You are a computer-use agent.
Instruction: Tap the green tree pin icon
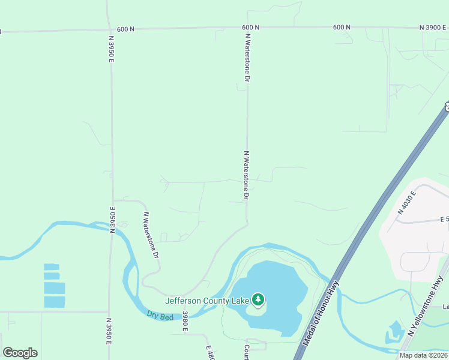(x=258, y=299)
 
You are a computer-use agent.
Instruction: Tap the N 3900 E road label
(x=433, y=28)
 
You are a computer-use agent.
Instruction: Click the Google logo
(x=20, y=352)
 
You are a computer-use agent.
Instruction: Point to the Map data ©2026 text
(x=423, y=355)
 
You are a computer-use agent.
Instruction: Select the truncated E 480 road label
(x=209, y=352)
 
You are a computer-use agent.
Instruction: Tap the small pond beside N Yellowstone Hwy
(x=396, y=329)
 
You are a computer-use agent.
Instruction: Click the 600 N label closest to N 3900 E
(x=341, y=28)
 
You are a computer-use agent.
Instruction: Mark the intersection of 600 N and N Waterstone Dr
(x=247, y=28)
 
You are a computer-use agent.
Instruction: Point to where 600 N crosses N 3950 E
(x=109, y=29)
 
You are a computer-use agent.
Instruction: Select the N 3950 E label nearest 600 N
(x=112, y=49)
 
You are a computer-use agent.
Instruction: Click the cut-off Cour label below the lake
(x=246, y=352)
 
